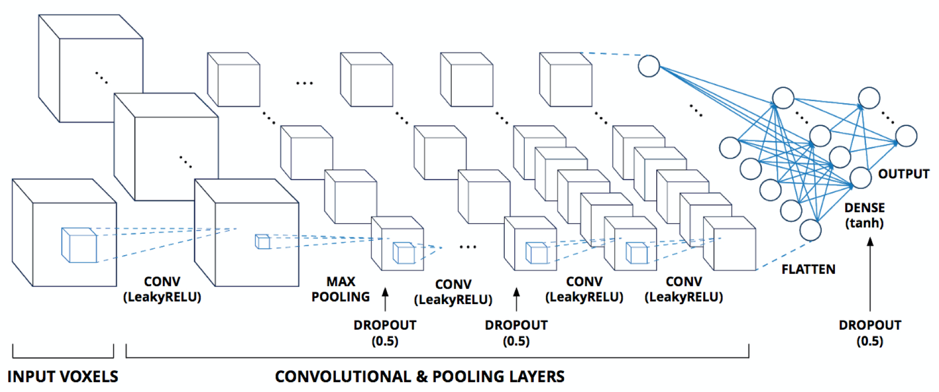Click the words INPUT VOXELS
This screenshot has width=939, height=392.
click(63, 377)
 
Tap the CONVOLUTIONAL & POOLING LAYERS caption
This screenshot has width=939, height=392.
click(419, 377)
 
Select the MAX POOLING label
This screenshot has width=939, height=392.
click(341, 289)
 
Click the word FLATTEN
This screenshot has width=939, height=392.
click(808, 269)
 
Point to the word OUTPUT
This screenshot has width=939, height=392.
click(904, 174)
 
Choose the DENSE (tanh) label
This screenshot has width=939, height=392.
click(864, 215)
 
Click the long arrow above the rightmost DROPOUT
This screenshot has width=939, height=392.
click(870, 274)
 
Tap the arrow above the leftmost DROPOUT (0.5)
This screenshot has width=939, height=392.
click(385, 299)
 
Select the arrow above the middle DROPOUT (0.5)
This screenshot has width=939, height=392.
click(516, 299)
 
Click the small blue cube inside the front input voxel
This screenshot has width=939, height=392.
click(79, 245)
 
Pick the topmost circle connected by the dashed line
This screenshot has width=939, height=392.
click(649, 66)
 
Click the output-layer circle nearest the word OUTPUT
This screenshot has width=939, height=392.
click(906, 136)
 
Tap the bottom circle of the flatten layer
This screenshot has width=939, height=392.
click(810, 230)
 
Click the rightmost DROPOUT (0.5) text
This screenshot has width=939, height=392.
click(870, 333)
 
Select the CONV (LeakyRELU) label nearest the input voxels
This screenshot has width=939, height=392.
click(162, 289)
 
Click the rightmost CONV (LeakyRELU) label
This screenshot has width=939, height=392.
click(684, 289)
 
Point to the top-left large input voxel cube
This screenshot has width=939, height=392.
click(91, 68)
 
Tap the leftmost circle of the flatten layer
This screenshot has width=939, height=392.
click(730, 148)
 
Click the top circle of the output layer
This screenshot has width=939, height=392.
click(869, 98)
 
